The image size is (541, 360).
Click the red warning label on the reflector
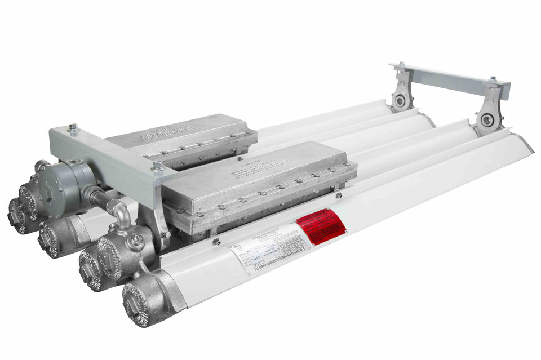point(321,226)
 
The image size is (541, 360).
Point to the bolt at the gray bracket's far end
point(73,128)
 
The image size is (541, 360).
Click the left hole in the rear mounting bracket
point(400,101)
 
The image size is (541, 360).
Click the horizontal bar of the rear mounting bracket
point(451,79)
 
